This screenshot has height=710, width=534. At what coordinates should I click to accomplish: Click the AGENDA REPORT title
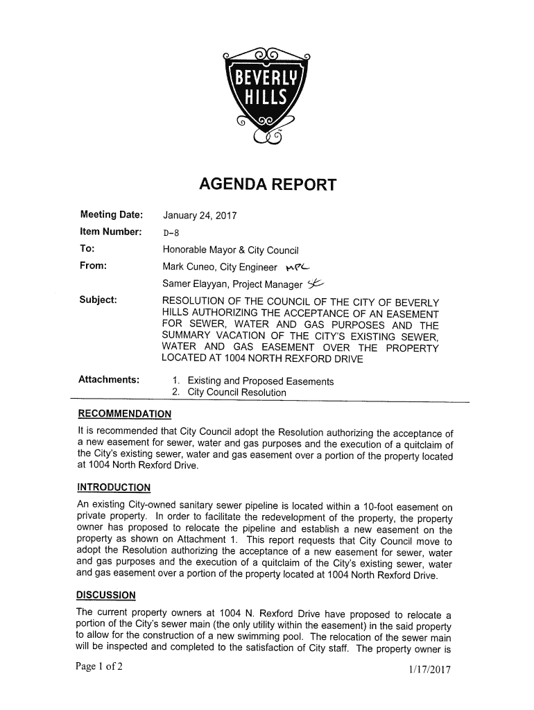coord(267,185)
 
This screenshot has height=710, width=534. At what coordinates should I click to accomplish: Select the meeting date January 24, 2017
coord(200,216)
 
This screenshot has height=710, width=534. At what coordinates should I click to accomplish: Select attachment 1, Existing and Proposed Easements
coord(255,381)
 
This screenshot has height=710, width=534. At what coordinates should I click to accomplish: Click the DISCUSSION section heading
coord(106,596)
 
